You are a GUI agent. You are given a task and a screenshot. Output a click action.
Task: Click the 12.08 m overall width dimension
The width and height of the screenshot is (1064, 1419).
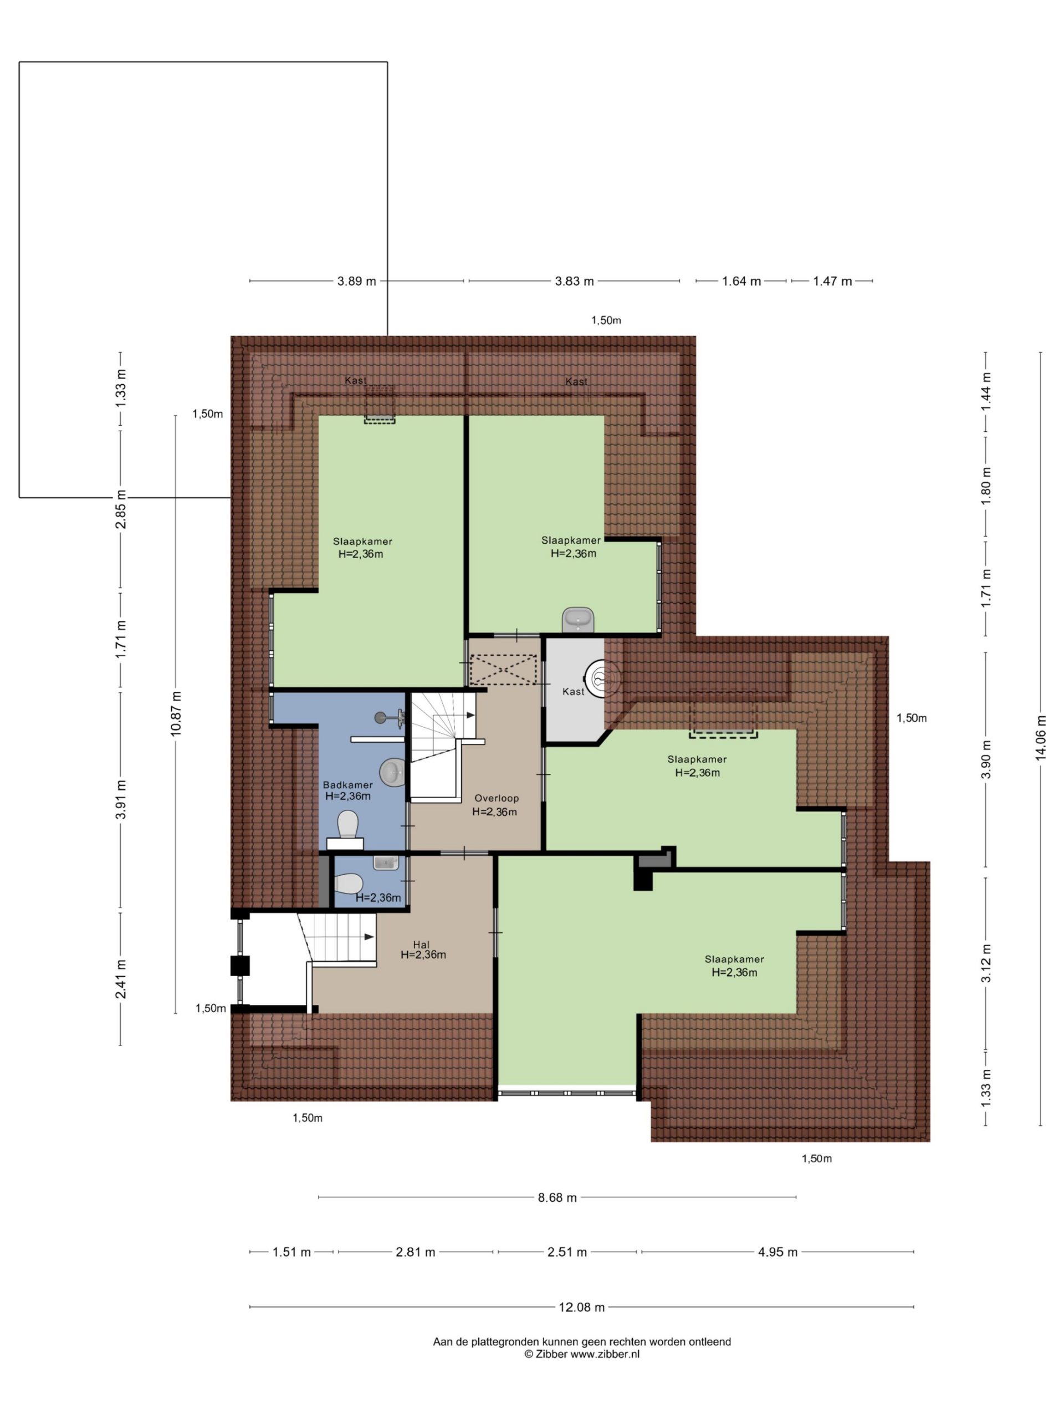pyautogui.click(x=581, y=1306)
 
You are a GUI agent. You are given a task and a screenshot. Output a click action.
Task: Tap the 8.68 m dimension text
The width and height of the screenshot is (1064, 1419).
pyautogui.click(x=557, y=1197)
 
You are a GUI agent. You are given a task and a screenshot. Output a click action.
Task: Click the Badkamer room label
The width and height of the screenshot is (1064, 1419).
pyautogui.click(x=347, y=784)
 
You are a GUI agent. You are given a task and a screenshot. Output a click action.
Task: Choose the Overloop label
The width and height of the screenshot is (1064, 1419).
pyautogui.click(x=497, y=798)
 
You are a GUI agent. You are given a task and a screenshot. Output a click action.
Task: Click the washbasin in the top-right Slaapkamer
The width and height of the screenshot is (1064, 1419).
pyautogui.click(x=578, y=620)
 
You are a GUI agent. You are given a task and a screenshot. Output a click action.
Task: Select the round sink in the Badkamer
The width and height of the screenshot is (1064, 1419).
pyautogui.click(x=391, y=772)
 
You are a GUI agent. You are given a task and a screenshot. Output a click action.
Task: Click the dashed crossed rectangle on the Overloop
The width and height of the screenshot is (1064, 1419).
pyautogui.click(x=503, y=670)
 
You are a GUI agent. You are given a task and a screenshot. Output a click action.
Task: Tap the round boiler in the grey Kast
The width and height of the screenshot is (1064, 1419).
pyautogui.click(x=602, y=677)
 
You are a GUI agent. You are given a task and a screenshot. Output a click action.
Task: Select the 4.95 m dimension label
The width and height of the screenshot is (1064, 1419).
pyautogui.click(x=777, y=1252)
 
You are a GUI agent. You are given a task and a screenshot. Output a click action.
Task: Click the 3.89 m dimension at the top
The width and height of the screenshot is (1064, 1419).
pyautogui.click(x=356, y=281)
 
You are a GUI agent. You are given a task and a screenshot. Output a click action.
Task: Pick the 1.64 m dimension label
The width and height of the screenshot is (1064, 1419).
pyautogui.click(x=741, y=281)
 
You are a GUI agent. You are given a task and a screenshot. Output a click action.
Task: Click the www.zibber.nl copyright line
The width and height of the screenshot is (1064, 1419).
pyautogui.click(x=582, y=1354)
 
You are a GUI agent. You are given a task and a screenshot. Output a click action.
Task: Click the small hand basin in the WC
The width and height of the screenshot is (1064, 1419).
pyautogui.click(x=386, y=863)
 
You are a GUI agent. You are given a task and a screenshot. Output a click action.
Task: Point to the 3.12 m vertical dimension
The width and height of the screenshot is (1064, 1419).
pyautogui.click(x=986, y=963)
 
